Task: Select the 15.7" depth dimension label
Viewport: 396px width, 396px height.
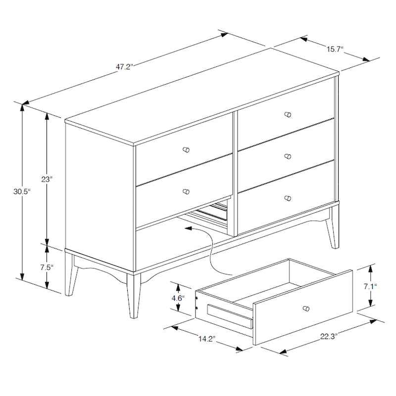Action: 335,49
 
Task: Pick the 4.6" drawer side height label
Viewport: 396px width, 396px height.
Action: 178,298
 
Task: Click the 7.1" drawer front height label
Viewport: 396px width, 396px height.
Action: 370,286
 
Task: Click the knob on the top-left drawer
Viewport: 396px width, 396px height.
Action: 186,149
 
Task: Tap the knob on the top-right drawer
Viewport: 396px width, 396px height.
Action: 288,114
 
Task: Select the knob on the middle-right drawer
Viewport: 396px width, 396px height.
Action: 288,156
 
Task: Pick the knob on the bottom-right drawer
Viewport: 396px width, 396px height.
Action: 288,198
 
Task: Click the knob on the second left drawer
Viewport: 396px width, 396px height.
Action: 186,192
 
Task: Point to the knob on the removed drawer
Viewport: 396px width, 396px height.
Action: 306,308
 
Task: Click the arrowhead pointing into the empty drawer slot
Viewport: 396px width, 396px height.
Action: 188,229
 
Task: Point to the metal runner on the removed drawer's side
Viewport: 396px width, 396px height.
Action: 229,315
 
